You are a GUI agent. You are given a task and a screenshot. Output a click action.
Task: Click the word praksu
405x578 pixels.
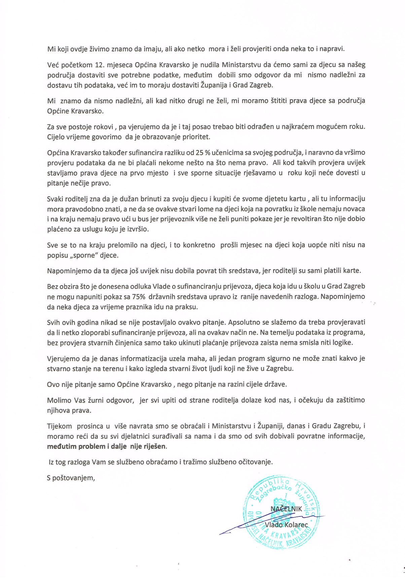click(x=189, y=308)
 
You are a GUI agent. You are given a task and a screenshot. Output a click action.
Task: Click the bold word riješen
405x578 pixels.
click(x=156, y=447)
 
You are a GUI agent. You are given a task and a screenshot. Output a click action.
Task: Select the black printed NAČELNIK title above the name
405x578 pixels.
click(x=286, y=509)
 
